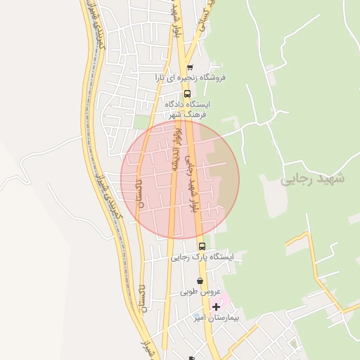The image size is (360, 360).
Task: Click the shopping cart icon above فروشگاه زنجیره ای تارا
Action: click(190, 67)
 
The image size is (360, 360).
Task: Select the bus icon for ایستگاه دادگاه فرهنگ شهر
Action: click(187, 94)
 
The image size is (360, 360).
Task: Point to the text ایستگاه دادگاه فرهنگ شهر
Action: click(187, 108)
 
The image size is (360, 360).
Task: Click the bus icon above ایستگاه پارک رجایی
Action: click(202, 246)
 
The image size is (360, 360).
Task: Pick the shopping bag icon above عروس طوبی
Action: click(200, 281)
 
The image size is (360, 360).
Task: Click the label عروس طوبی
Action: click(200, 291)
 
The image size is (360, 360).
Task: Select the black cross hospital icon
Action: click(216, 307)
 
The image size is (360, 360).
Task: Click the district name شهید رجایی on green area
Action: click(312, 179)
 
